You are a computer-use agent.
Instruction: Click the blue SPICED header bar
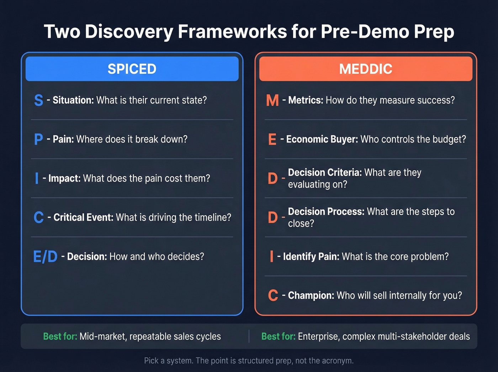click(x=132, y=69)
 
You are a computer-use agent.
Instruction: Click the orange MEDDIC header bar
click(x=366, y=69)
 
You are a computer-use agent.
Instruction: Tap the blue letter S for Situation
click(x=38, y=100)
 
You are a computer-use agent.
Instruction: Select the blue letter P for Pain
click(x=38, y=139)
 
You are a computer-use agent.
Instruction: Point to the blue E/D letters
click(x=45, y=257)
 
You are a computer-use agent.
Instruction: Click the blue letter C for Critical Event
click(x=38, y=218)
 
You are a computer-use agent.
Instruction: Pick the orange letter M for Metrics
click(x=272, y=100)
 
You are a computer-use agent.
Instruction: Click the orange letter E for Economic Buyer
click(x=272, y=139)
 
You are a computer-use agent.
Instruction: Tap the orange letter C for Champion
click(x=273, y=295)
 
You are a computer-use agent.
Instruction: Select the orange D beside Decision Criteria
click(x=272, y=178)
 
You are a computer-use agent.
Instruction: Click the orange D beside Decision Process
click(x=272, y=218)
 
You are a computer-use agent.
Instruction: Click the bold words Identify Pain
click(x=311, y=257)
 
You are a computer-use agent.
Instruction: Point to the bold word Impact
click(x=64, y=178)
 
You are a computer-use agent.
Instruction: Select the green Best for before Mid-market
click(x=60, y=336)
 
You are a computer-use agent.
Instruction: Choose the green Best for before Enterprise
click(x=278, y=336)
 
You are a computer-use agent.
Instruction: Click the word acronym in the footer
click(x=337, y=361)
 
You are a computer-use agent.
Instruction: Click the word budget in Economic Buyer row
click(x=446, y=139)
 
